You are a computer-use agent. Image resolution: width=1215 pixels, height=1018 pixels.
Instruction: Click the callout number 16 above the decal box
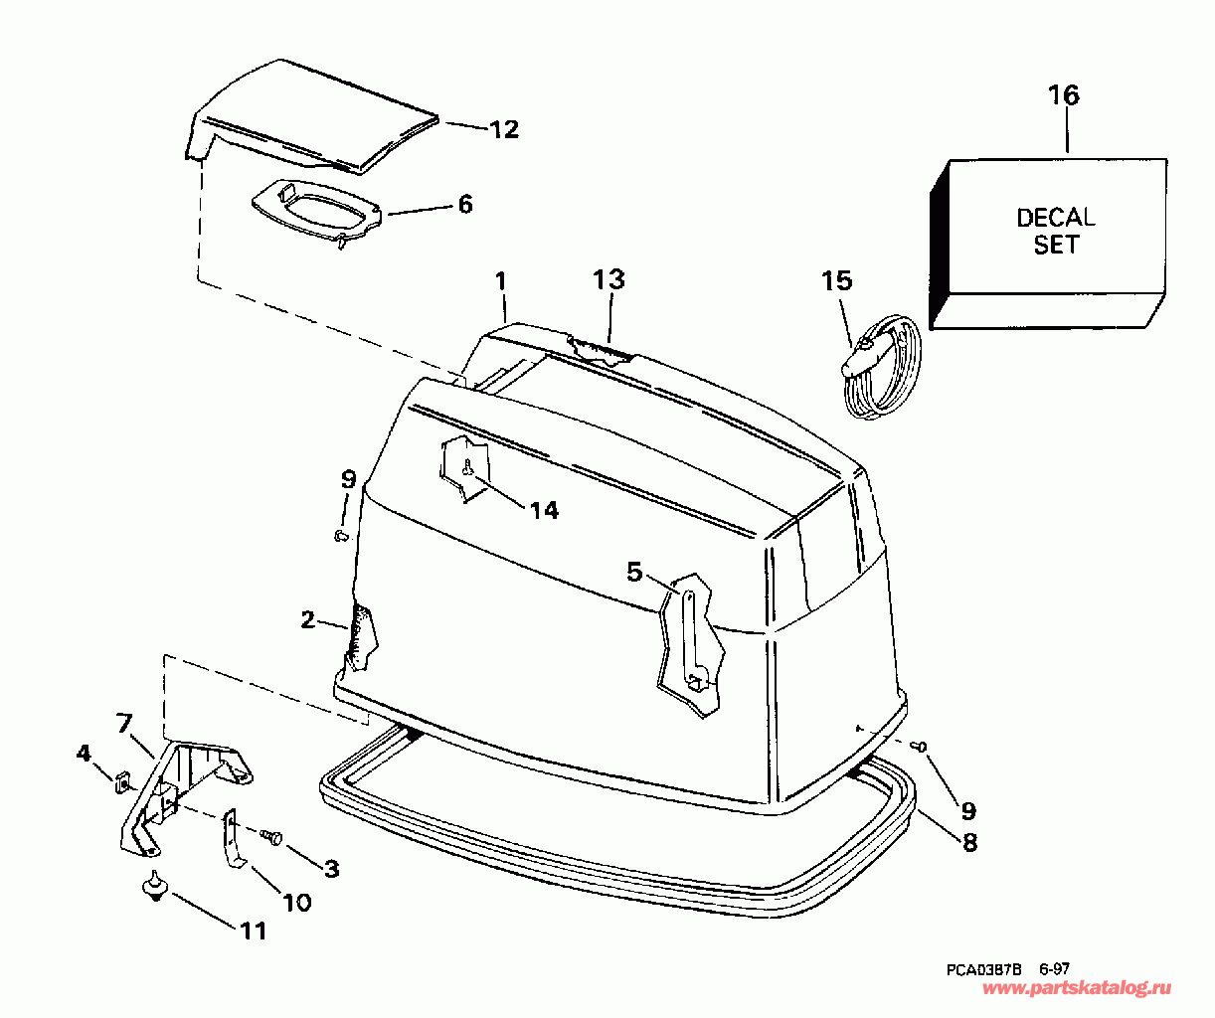[x=1063, y=95]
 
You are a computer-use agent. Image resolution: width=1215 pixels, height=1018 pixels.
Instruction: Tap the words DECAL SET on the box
[x=1055, y=231]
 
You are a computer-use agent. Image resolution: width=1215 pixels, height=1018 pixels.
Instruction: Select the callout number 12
[x=504, y=129]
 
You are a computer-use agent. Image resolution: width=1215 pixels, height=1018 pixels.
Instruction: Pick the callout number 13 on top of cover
[x=609, y=279]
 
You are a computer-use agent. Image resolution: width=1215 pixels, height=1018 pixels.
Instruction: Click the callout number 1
[x=501, y=281]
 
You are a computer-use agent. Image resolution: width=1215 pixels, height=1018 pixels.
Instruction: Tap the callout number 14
[x=544, y=510]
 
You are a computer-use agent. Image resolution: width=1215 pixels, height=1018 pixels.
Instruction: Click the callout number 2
[x=308, y=620]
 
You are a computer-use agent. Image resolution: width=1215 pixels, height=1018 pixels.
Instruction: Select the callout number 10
[x=297, y=902]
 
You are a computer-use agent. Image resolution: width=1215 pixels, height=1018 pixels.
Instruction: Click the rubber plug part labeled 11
[x=153, y=885]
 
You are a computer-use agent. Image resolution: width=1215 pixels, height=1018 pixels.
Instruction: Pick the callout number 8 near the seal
[x=968, y=842]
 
